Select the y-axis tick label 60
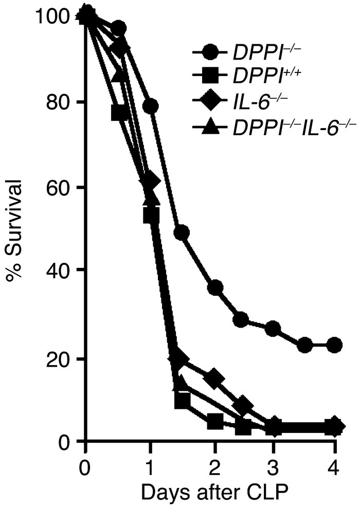pos(58,188)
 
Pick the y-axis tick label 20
pos(58,359)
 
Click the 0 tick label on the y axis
pos(65,442)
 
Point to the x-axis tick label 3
pos(275,469)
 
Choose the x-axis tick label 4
pos(335,469)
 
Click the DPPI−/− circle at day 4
pos(335,344)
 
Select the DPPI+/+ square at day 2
pos(215,422)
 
